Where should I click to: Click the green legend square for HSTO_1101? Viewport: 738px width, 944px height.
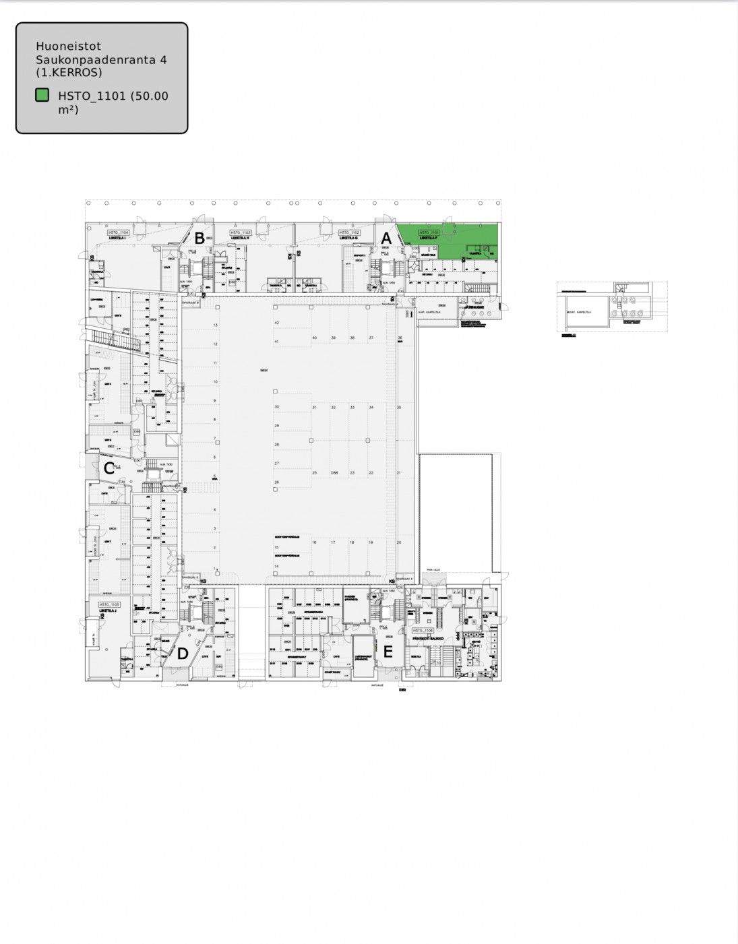42,96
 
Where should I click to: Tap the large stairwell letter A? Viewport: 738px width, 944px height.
386,238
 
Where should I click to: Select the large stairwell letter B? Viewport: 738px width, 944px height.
199,238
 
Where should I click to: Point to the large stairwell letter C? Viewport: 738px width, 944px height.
108,468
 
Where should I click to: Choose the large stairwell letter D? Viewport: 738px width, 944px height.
183,653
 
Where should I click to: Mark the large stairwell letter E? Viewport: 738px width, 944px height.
388,652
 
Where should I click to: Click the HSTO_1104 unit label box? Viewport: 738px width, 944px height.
118,232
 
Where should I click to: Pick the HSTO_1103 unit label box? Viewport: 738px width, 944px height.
241,232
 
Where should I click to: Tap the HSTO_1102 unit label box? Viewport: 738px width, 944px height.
349,232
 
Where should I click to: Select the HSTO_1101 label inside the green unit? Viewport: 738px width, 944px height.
429,232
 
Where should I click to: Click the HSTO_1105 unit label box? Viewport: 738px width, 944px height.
109,604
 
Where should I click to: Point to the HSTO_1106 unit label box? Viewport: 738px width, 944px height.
423,631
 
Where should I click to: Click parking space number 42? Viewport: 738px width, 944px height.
276,323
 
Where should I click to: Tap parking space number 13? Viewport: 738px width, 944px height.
216,325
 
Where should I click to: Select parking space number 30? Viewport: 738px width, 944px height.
276,407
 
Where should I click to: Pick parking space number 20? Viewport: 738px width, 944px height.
399,542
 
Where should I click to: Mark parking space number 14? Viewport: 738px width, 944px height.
276,567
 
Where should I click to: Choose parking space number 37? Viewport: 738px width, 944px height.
371,338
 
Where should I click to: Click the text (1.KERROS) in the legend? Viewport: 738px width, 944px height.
69,72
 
